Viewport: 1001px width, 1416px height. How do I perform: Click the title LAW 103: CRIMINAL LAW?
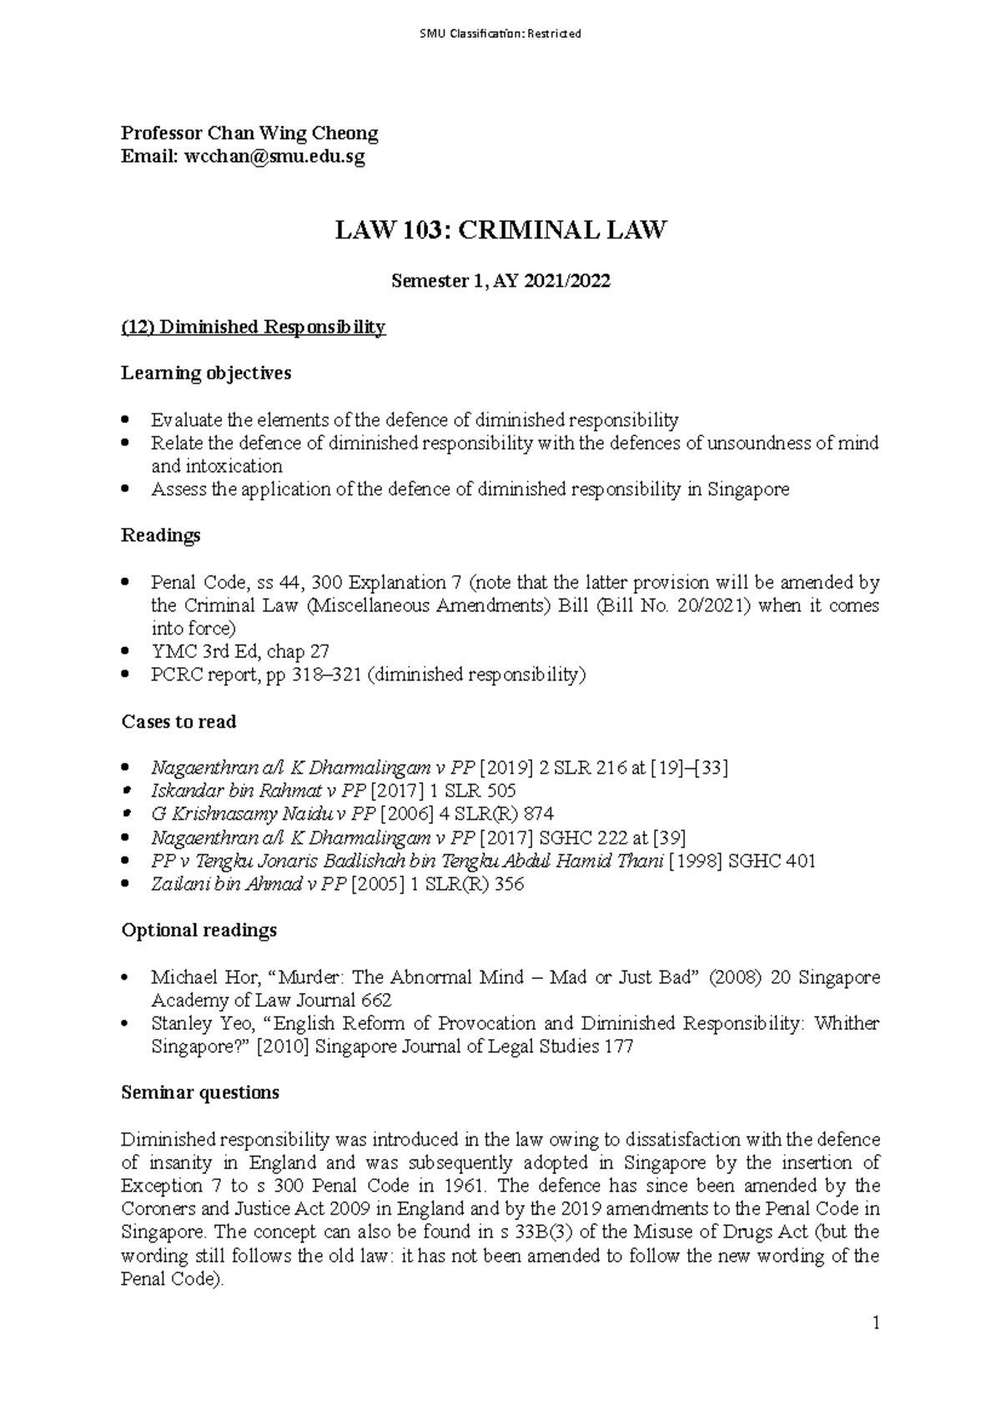[x=500, y=230]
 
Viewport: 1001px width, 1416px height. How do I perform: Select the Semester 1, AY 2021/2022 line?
[x=500, y=281]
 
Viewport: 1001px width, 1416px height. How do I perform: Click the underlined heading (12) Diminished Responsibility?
[x=253, y=327]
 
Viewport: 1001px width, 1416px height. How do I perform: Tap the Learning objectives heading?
[x=206, y=373]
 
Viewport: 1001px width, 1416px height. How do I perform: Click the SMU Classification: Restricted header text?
[x=500, y=34]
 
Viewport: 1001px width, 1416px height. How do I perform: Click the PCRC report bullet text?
[x=368, y=675]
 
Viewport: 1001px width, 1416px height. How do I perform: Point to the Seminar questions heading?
[x=200, y=1092]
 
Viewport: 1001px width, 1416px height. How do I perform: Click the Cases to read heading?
[x=179, y=721]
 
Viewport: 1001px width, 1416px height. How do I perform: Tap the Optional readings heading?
[x=199, y=930]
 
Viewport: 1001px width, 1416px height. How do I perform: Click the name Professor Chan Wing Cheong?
[x=249, y=133]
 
